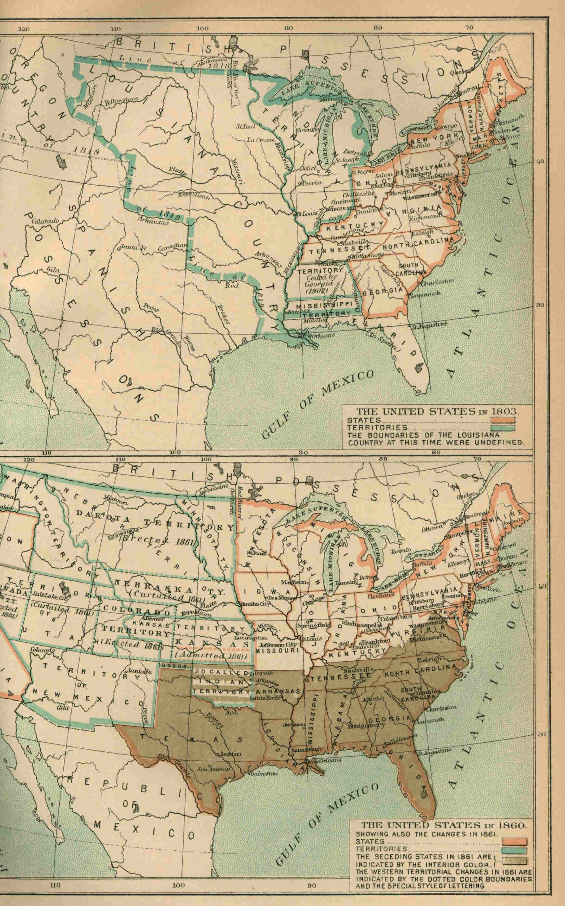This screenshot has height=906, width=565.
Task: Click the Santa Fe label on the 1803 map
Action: coord(129,248)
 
